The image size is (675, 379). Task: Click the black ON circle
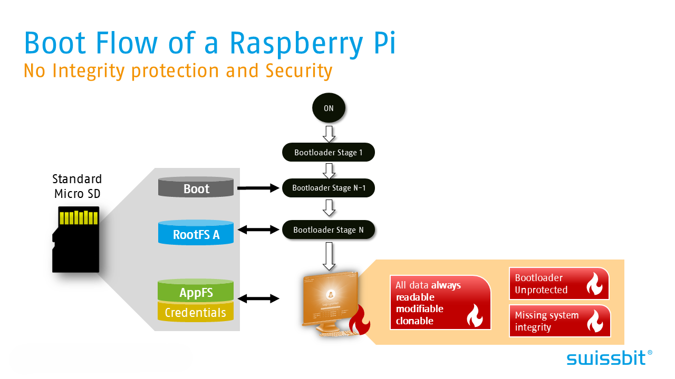coord(329,108)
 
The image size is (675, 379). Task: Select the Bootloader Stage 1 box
coord(328,153)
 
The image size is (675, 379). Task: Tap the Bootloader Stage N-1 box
coord(328,188)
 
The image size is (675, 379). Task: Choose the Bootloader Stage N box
coord(328,230)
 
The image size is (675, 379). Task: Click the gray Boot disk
coord(196,188)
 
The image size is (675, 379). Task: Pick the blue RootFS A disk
coord(196,234)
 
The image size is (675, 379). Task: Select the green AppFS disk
coord(196,292)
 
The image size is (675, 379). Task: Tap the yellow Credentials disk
coord(196,313)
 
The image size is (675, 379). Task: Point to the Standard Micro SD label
coord(77,186)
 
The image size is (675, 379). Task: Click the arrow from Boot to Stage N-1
coord(258,188)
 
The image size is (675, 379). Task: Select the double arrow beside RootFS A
coord(258,230)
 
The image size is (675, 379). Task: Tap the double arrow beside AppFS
coord(258,299)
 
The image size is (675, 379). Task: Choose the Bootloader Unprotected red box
coord(558,284)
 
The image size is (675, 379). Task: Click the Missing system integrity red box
coord(559,321)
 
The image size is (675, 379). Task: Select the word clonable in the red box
coord(414,321)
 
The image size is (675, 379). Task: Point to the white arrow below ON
coord(329,134)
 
